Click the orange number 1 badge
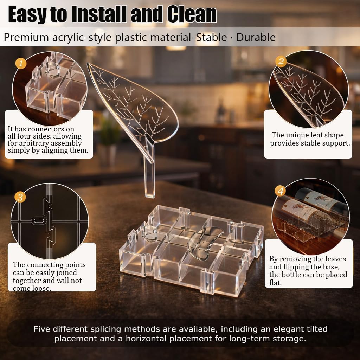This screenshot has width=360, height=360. coord(21,64)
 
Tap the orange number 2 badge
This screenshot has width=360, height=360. coord(281,62)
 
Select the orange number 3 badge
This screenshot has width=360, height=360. coord(20,197)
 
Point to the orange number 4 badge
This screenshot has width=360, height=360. coord(280,191)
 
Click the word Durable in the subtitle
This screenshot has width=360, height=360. coord(256,37)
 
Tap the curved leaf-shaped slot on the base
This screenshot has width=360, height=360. coord(204,240)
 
